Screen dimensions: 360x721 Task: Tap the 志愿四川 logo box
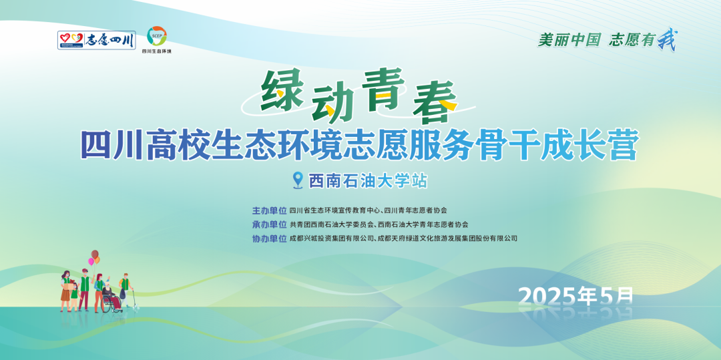pyautogui.click(x=97, y=40)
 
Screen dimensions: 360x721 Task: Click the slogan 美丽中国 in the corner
pyautogui.click(x=569, y=40)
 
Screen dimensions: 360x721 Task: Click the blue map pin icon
pyautogui.click(x=298, y=180)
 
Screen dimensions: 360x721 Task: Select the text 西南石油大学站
pyautogui.click(x=367, y=180)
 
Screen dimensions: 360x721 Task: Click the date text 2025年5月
pyautogui.click(x=575, y=295)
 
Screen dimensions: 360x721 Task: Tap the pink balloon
pyautogui.click(x=91, y=262)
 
